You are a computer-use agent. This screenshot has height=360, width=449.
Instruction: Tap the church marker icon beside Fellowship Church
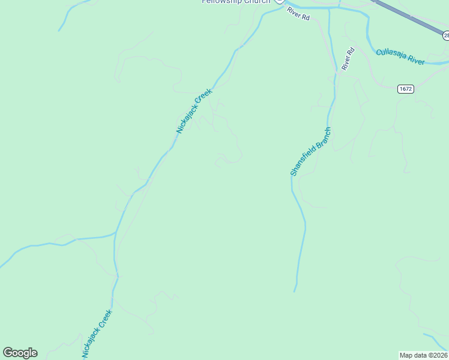tap(279, 2)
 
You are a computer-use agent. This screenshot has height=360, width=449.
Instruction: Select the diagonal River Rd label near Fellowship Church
tap(298, 14)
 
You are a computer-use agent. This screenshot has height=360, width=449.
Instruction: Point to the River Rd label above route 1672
tap(348, 59)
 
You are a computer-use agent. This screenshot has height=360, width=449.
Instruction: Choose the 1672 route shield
tap(405, 89)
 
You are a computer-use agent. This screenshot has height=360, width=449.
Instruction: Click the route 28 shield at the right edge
tap(446, 36)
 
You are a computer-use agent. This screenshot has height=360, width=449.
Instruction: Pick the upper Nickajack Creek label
tap(194, 111)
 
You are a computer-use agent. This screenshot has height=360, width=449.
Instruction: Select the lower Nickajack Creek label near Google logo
tap(97, 334)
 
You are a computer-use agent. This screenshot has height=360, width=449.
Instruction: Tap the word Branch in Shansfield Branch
tap(323, 135)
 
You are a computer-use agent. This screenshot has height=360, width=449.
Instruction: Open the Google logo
tap(20, 353)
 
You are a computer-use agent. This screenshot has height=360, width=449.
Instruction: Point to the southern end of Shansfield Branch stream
tap(294, 291)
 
